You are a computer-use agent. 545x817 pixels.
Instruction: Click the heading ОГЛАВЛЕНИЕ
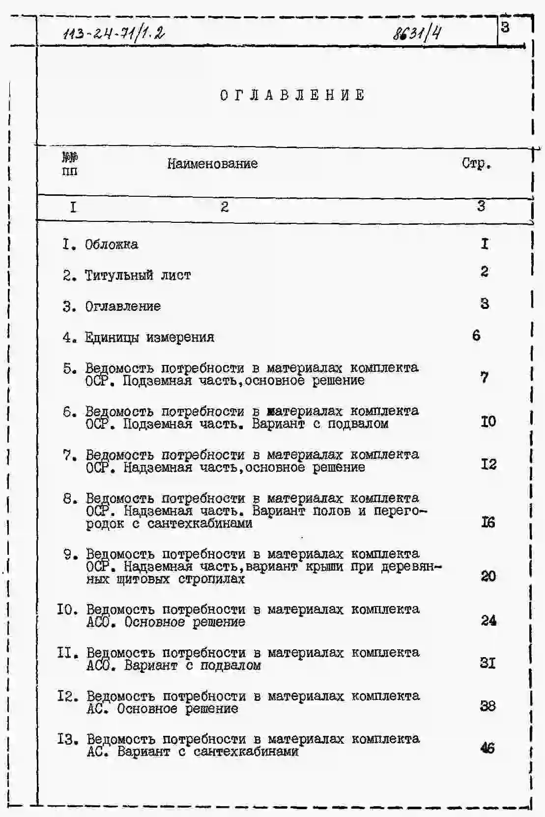[292, 95]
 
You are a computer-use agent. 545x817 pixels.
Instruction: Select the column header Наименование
[212, 164]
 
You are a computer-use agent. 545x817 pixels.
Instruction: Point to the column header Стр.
[476, 164]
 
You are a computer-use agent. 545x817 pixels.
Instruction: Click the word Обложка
[112, 244]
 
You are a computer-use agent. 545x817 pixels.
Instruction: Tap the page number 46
[488, 748]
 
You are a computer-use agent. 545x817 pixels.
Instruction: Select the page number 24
[488, 620]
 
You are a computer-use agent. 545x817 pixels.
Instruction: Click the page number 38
[488, 706]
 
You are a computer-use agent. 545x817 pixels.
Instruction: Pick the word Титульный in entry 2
[119, 275]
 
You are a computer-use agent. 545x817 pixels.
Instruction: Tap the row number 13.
[67, 739]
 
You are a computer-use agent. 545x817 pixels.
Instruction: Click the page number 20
[488, 576]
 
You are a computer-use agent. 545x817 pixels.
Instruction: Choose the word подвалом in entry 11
[230, 666]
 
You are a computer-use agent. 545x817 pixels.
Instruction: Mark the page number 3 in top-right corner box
[505, 28]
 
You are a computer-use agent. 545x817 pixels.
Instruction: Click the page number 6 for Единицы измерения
[476, 335]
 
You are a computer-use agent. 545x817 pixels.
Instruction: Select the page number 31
[488, 663]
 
